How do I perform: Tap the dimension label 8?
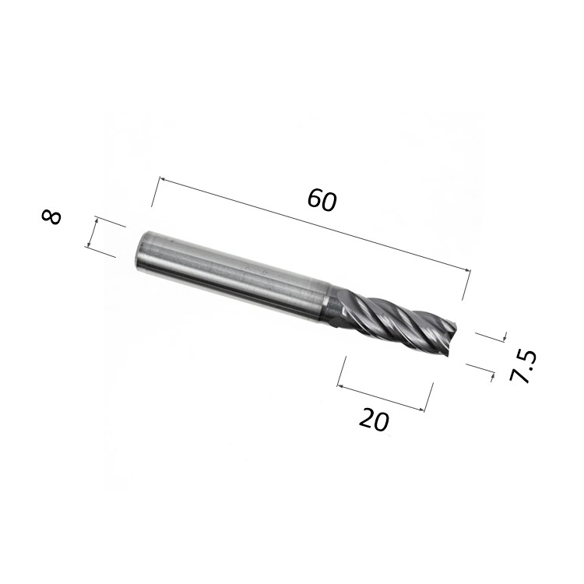click(51, 217)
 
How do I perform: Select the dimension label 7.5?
click(523, 367)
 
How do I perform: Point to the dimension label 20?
click(374, 420)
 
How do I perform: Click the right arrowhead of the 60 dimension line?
click(467, 270)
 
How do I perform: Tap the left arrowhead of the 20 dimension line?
click(339, 386)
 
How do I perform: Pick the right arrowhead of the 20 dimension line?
click(421, 410)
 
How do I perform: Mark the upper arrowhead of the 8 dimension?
click(97, 220)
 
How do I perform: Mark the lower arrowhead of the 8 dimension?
click(88, 244)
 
